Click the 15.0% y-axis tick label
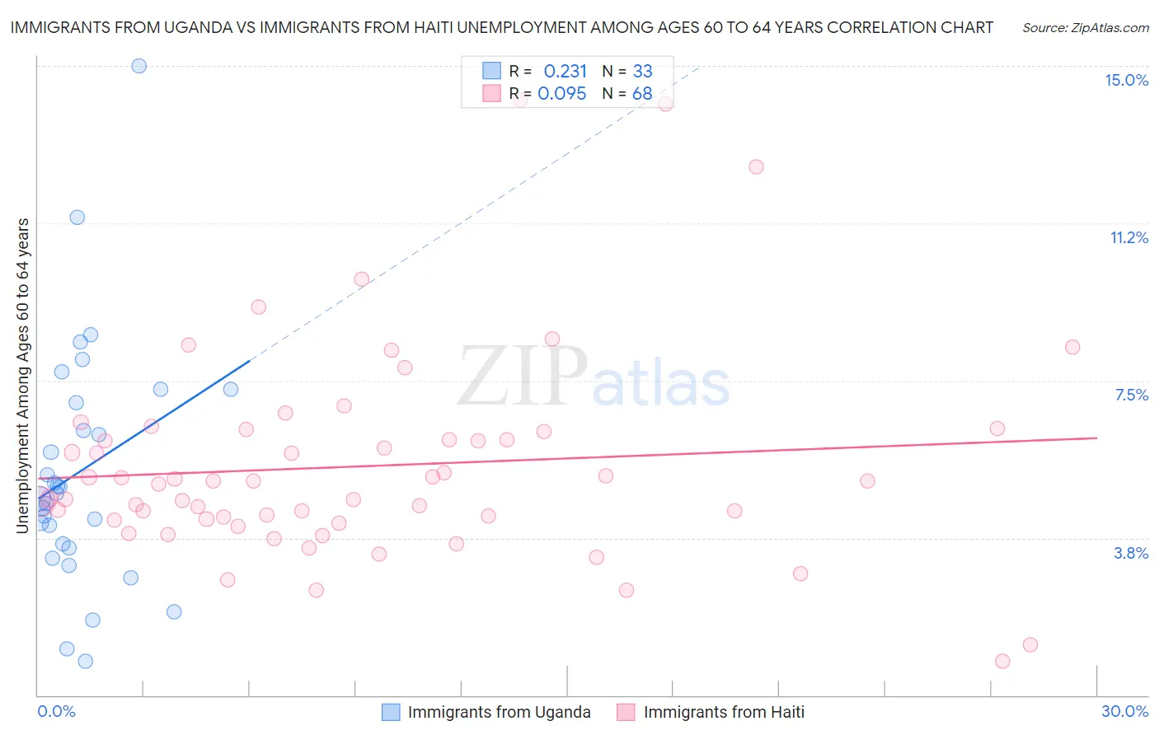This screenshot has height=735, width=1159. click(x=1126, y=80)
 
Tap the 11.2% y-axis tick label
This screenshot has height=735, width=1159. click(x=1128, y=237)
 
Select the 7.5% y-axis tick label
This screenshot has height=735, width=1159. click(x=1131, y=395)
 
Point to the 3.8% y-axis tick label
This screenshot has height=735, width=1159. click(x=1131, y=553)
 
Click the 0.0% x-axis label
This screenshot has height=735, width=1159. click(x=56, y=711)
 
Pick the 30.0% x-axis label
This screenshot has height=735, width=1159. click(x=1124, y=711)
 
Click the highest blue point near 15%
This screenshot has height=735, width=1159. click(x=139, y=66)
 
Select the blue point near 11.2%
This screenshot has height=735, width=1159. click(x=77, y=218)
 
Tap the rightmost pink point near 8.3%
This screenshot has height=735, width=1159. click(x=1072, y=347)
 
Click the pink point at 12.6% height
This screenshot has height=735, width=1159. click(x=756, y=166)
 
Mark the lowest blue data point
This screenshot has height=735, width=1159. click(x=85, y=661)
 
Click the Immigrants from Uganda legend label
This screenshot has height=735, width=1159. click(x=499, y=712)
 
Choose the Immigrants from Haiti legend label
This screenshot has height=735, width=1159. click(x=724, y=712)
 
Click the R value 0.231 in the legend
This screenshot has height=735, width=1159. click(x=565, y=72)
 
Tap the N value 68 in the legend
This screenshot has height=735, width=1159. click(x=642, y=94)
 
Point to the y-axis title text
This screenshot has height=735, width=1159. click(x=23, y=375)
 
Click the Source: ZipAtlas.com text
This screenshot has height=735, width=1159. click(x=1085, y=28)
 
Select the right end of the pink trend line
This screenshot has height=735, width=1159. click(x=1096, y=438)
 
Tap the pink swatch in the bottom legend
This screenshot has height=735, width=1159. click(x=626, y=712)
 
